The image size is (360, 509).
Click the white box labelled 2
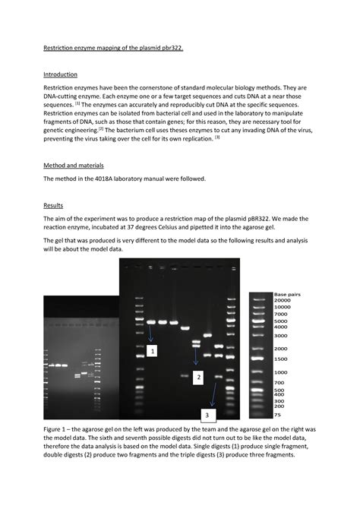[198, 377]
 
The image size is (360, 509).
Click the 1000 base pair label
[281, 372]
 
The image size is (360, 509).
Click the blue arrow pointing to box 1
[150, 332]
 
